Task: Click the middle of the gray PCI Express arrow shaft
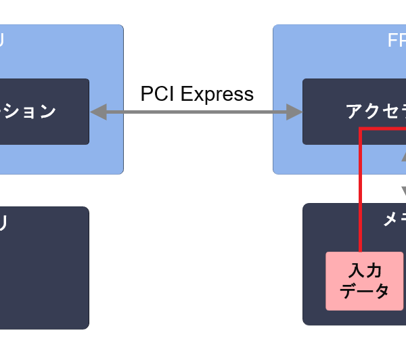pyautogui.click(x=196, y=112)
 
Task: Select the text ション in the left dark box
pyautogui.click(x=27, y=112)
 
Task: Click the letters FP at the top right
pyautogui.click(x=396, y=41)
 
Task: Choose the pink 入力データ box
pyautogui.click(x=364, y=281)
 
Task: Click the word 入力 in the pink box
pyautogui.click(x=365, y=271)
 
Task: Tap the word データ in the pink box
pyautogui.click(x=365, y=292)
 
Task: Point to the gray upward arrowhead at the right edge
pyautogui.click(x=404, y=157)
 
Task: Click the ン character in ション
pyautogui.click(x=46, y=112)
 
